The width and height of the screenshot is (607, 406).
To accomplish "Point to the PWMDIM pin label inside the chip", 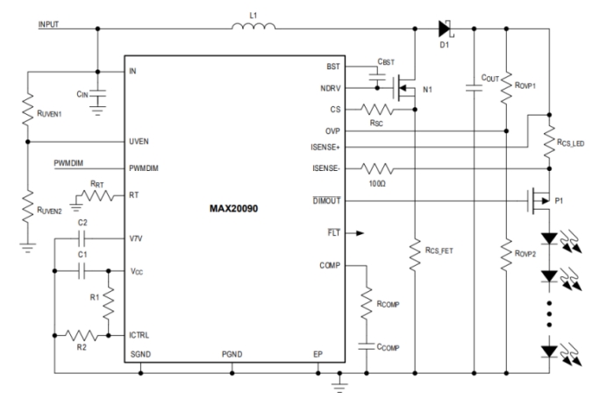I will point(146,166).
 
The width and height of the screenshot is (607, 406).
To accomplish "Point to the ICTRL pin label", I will point(142,334).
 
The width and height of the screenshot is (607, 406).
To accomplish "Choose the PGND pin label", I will point(232,354).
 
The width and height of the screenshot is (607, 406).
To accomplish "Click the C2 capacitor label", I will point(82,224).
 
